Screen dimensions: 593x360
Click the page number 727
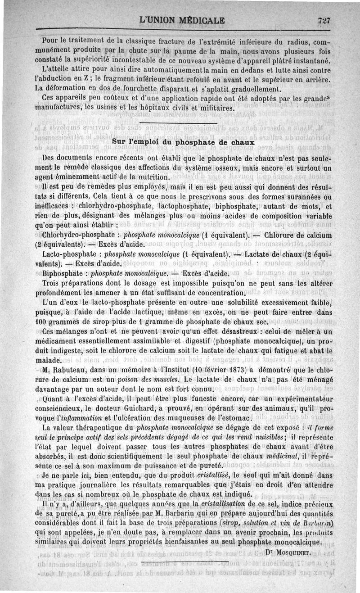pos(324,20)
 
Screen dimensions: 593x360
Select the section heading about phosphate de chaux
pos(183,142)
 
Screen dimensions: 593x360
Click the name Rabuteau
pos(68,370)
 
